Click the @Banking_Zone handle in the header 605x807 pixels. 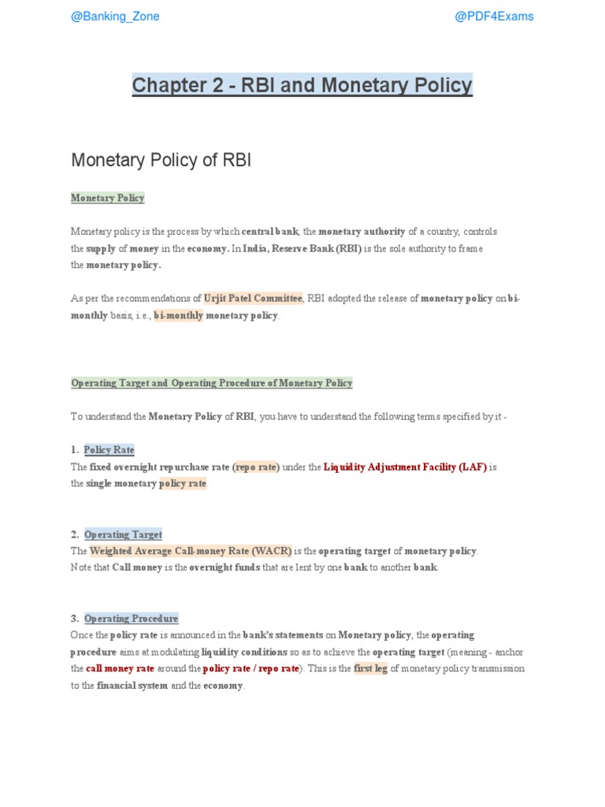[x=115, y=17]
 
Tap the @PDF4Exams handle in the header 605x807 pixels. [x=494, y=17]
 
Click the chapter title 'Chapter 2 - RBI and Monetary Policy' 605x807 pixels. [x=302, y=85]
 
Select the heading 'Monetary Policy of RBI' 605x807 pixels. [x=161, y=160]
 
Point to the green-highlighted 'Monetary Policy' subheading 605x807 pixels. [x=108, y=198]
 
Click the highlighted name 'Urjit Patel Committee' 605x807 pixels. [x=253, y=298]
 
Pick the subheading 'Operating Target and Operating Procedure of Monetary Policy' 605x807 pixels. [x=212, y=383]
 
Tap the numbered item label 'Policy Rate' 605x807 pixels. [x=109, y=450]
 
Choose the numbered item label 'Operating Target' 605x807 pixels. [x=123, y=534]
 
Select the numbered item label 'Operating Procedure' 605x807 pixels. [x=131, y=619]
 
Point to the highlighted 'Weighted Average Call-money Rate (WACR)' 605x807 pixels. [x=191, y=551]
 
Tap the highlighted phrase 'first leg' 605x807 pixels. [x=370, y=668]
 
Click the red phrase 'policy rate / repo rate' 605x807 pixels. [x=251, y=668]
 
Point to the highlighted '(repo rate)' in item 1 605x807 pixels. [x=257, y=467]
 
